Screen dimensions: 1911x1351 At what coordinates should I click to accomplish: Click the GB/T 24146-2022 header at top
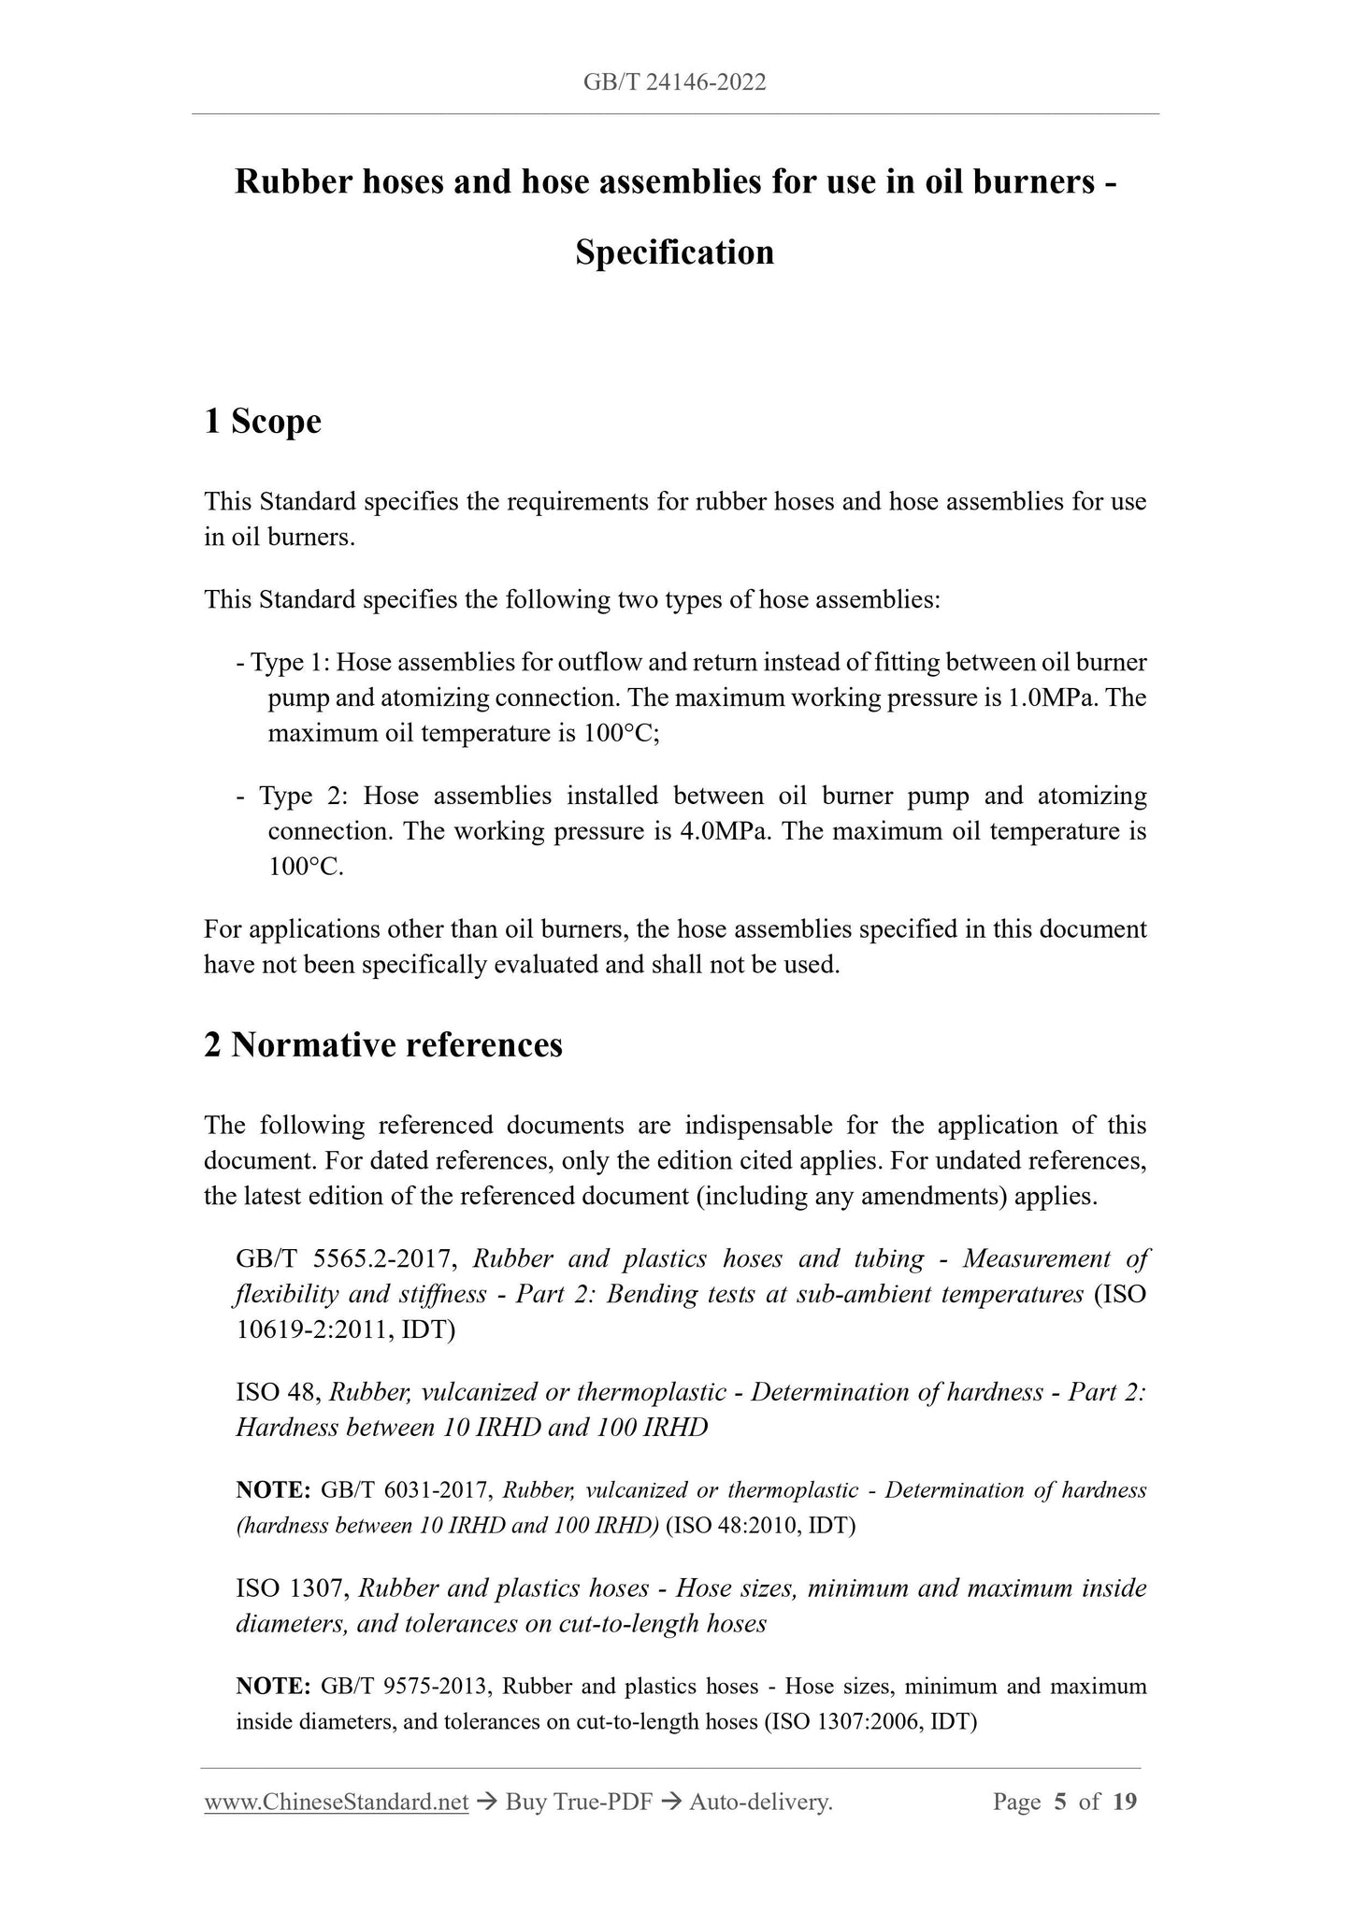pos(674,82)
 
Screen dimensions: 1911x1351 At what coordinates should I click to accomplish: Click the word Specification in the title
pos(674,252)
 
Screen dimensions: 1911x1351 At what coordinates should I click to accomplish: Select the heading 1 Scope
pos(263,422)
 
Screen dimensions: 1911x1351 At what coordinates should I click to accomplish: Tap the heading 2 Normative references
pos(383,1044)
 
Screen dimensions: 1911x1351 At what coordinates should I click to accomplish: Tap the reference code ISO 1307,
pos(293,1588)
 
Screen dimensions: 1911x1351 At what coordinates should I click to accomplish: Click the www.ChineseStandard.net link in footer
pos(336,1802)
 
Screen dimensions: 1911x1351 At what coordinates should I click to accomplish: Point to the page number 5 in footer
pos(1059,1802)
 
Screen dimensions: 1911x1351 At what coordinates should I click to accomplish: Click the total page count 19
pos(1126,1802)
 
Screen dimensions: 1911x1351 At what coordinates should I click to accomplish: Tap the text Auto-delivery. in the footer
pos(760,1802)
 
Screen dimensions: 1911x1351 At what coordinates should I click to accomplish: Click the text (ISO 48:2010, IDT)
pos(760,1526)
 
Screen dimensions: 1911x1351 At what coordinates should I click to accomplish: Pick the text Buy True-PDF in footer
pos(578,1802)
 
